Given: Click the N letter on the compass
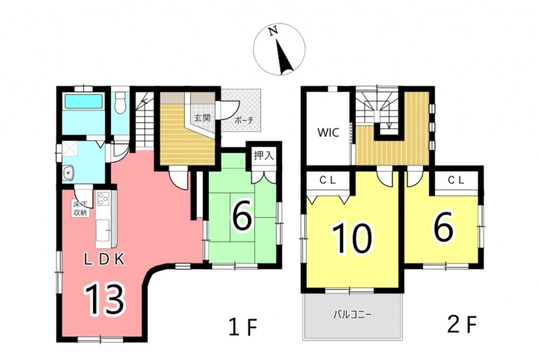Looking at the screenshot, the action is [x=273, y=31].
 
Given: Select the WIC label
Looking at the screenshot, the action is [x=328, y=133].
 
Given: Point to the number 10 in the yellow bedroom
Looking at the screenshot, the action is [x=352, y=238].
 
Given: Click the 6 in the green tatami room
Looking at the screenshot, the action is [x=242, y=216].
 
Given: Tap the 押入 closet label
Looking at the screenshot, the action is [x=264, y=155].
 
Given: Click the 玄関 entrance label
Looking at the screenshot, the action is [x=202, y=118].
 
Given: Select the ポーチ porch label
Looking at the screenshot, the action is [x=244, y=120].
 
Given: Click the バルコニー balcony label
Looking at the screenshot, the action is [x=352, y=315].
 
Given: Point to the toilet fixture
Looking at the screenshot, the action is [x=120, y=102].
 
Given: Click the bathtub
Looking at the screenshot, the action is [x=84, y=101].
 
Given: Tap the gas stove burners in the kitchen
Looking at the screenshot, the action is [x=103, y=199].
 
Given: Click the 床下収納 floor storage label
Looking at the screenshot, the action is [x=80, y=208].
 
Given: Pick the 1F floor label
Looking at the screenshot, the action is [x=243, y=327].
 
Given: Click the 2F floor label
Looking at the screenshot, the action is [x=462, y=324].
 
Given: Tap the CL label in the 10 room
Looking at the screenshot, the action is [x=327, y=180].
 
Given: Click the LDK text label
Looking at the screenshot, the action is [x=104, y=260].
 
